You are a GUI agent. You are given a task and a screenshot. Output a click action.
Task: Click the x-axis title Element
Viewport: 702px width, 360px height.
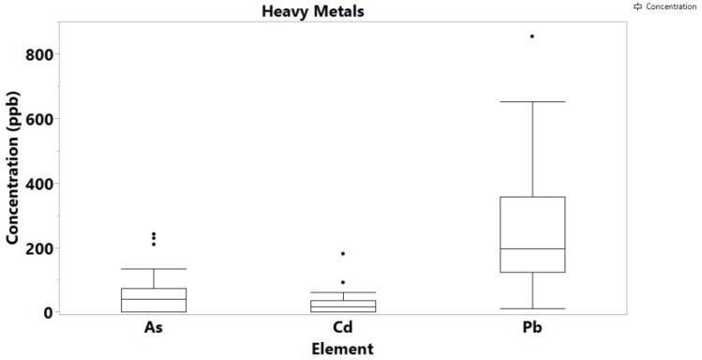342,349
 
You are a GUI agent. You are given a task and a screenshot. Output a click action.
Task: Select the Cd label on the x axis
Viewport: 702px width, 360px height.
343,329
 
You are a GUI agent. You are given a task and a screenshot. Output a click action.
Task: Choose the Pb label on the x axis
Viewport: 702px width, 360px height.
532,329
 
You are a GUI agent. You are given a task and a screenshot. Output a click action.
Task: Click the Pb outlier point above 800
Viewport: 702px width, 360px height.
532,37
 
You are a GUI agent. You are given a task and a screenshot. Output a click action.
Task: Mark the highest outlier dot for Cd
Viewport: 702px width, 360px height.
343,254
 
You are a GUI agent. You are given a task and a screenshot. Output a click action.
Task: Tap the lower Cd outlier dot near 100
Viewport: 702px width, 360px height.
343,282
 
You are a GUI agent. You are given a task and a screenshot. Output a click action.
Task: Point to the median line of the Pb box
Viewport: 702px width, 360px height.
532,248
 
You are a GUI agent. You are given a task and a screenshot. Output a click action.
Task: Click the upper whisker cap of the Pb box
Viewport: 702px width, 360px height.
532,101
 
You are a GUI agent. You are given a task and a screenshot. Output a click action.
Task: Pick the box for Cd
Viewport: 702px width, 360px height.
343,306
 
